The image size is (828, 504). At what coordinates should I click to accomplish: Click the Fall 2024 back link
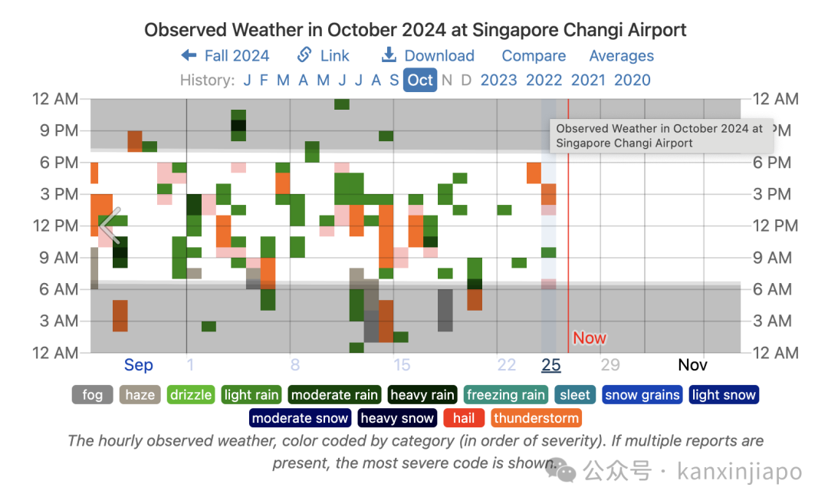coord(225,55)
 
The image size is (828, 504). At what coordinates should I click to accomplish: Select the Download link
coord(428,55)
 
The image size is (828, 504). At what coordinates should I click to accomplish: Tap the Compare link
coord(534,55)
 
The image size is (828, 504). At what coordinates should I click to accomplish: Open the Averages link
coord(622,55)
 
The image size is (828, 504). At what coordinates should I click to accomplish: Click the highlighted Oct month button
coord(420,81)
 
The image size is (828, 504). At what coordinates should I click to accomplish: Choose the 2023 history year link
coord(498,81)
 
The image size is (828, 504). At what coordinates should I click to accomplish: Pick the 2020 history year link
coord(632,81)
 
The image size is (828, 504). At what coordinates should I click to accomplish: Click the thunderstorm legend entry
coord(536,418)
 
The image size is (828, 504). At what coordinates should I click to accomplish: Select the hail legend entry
coord(463,418)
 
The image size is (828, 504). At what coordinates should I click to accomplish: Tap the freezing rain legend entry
coord(505,394)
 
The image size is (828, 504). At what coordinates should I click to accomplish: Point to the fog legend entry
coord(93,394)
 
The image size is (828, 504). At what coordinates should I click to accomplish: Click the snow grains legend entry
coord(642,394)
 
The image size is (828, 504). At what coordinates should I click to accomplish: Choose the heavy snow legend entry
coord(398,418)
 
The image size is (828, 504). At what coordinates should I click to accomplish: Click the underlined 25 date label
coord(550,364)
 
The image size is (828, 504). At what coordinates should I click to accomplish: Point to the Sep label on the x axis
coord(138,365)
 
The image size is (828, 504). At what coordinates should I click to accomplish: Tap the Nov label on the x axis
coord(692,364)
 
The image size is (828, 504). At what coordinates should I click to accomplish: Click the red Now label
coord(590,338)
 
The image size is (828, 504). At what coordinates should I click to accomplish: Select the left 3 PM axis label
coord(58,194)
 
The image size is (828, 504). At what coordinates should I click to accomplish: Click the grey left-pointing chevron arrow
coord(110,226)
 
